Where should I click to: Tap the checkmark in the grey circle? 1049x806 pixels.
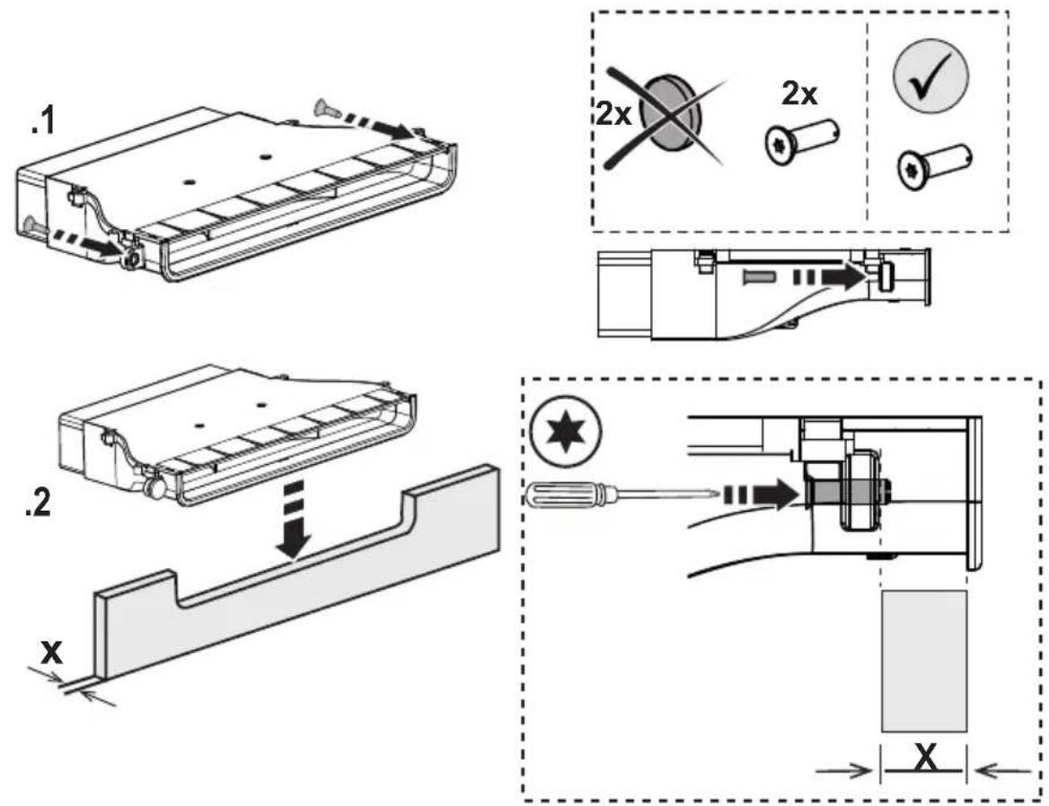tap(930, 75)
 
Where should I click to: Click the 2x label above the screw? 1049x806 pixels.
tap(799, 94)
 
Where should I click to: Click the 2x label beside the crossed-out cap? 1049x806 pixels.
tap(614, 114)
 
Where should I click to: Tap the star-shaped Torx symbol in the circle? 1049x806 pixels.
tap(565, 434)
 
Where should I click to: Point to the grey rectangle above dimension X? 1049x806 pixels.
tap(924, 661)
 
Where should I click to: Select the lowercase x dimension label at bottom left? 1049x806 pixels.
tap(51, 651)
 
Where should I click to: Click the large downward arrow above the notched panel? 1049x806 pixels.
tap(294, 522)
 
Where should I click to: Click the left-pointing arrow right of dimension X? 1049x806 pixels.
tap(1002, 771)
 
